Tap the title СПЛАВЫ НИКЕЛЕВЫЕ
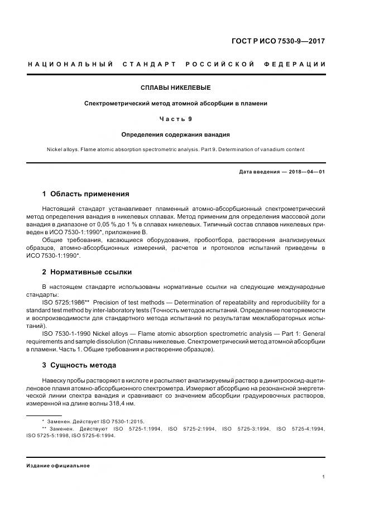(176, 88)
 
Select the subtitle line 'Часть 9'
(176, 119)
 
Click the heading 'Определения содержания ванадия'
(176, 134)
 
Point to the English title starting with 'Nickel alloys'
(176, 149)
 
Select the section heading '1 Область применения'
(85, 194)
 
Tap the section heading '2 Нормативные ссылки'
(87, 272)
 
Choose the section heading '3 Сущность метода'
(79, 365)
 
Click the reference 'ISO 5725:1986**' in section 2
(71, 302)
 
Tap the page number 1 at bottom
(324, 477)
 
